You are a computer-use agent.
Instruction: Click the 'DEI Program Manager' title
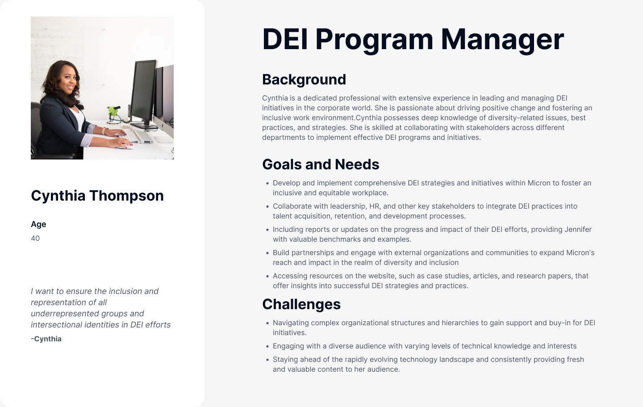[413, 40]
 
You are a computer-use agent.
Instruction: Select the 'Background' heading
[304, 80]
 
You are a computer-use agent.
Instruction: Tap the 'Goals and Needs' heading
[321, 164]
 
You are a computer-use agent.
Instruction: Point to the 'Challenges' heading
[301, 304]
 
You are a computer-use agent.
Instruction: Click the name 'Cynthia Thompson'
[97, 196]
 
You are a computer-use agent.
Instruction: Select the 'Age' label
[38, 224]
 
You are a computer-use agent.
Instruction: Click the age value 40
[35, 239]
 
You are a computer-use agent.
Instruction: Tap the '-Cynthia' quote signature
[46, 339]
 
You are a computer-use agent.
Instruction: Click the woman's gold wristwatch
[104, 131]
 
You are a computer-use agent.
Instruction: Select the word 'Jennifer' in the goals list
[578, 230]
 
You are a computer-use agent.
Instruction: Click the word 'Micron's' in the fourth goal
[580, 253]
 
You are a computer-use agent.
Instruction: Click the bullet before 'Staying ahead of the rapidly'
[267, 360]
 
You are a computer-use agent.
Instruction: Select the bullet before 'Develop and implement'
[267, 183]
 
